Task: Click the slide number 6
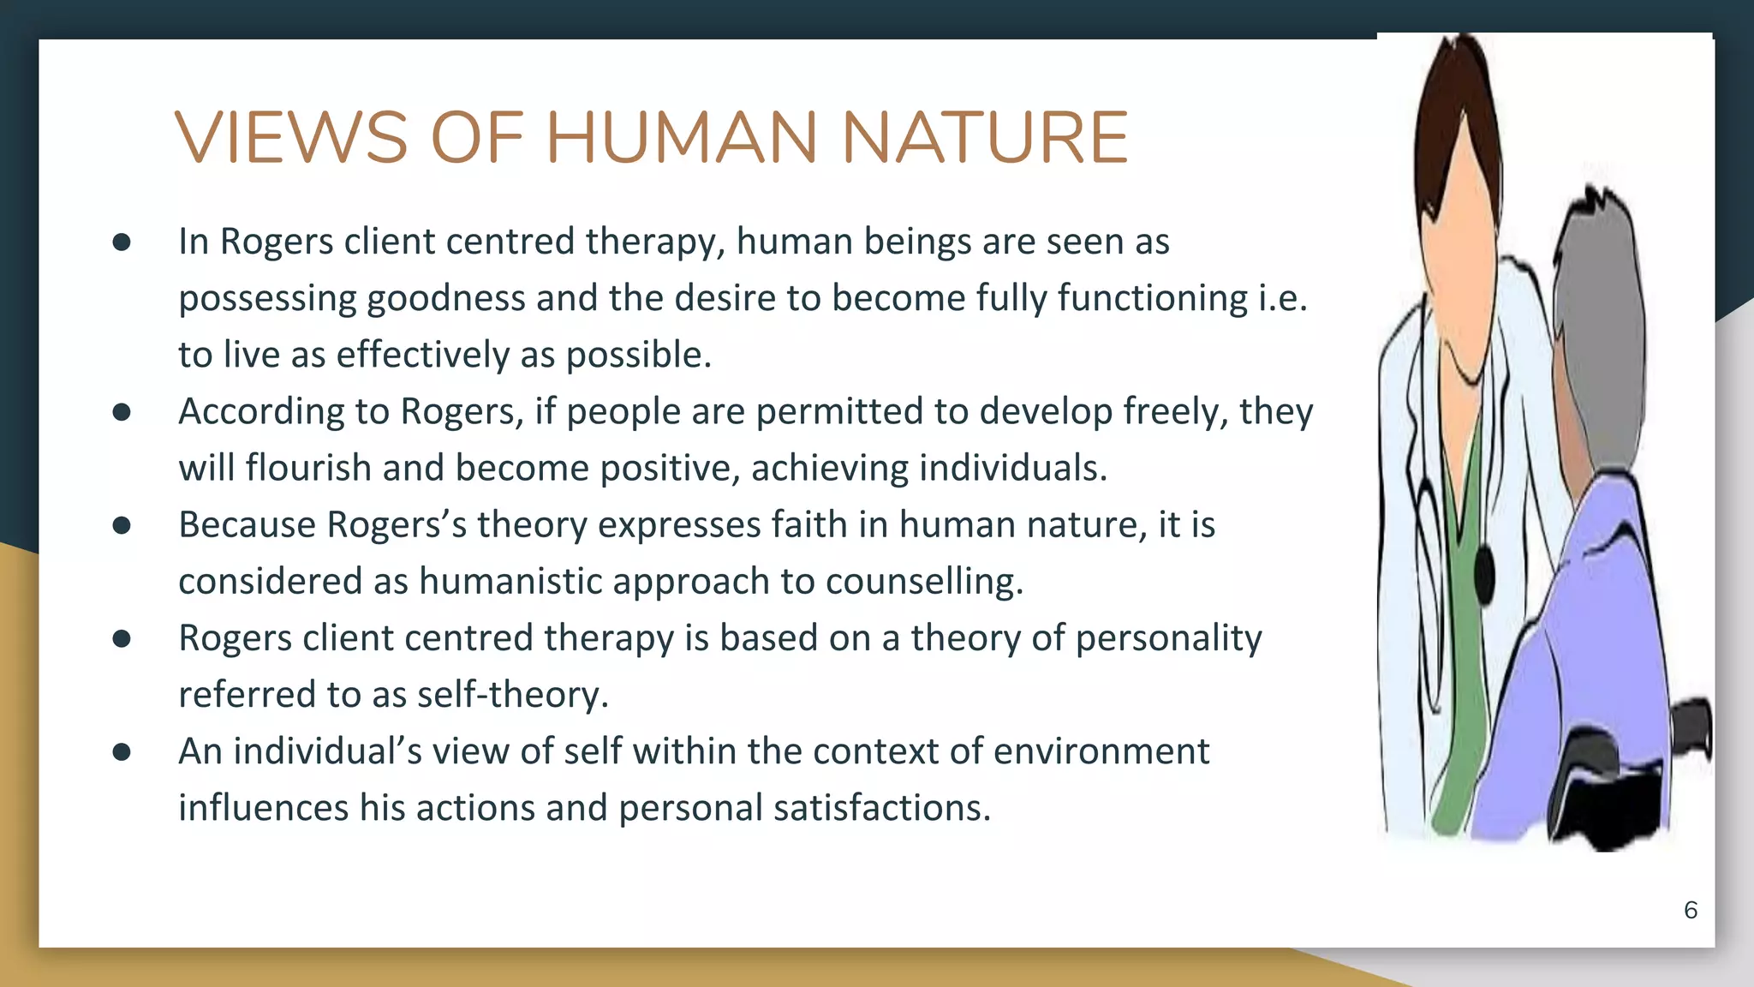tap(1690, 910)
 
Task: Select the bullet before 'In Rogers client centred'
tap(122, 242)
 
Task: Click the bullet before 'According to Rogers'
tap(122, 412)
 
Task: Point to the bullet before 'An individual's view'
tap(122, 752)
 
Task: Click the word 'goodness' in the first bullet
tap(445, 298)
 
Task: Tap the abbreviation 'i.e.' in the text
tap(1282, 298)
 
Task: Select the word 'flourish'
tap(308, 468)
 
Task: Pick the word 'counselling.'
tap(925, 581)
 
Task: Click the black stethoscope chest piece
tap(1484, 572)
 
